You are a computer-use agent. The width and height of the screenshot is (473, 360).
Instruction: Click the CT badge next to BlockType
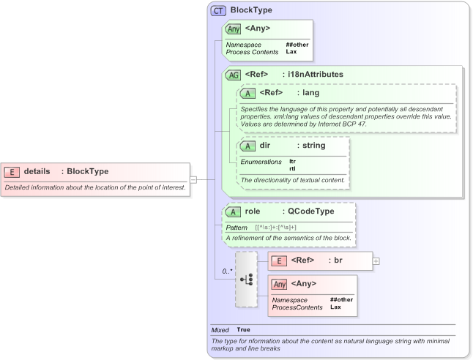click(x=218, y=11)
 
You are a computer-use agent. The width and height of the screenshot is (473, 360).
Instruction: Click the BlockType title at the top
click(x=251, y=10)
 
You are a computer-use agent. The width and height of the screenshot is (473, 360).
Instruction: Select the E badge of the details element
click(x=12, y=171)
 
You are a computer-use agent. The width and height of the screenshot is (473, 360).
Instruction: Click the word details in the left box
click(x=37, y=171)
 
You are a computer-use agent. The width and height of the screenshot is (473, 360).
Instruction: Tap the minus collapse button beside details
click(x=193, y=179)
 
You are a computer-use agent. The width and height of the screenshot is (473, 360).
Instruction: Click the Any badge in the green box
click(x=234, y=29)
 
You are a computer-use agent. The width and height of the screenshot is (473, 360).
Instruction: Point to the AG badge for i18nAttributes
click(x=234, y=75)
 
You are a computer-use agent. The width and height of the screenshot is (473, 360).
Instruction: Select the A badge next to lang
click(x=249, y=93)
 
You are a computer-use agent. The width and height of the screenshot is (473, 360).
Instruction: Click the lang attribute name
click(x=311, y=93)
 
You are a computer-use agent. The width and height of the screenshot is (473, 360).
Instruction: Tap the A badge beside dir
click(x=249, y=146)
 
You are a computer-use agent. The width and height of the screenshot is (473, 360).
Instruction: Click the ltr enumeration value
click(x=293, y=160)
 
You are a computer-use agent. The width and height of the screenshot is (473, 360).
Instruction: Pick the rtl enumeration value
click(x=293, y=168)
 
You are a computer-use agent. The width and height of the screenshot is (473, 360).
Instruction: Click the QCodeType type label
click(x=310, y=211)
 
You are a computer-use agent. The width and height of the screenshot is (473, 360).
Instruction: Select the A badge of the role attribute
click(x=234, y=211)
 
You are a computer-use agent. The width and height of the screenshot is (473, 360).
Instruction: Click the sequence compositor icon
click(x=247, y=279)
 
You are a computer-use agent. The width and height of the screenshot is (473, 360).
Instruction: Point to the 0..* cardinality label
click(x=228, y=271)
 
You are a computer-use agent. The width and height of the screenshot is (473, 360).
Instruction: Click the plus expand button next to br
click(x=376, y=260)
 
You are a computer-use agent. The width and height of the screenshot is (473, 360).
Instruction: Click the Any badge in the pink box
click(x=279, y=284)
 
